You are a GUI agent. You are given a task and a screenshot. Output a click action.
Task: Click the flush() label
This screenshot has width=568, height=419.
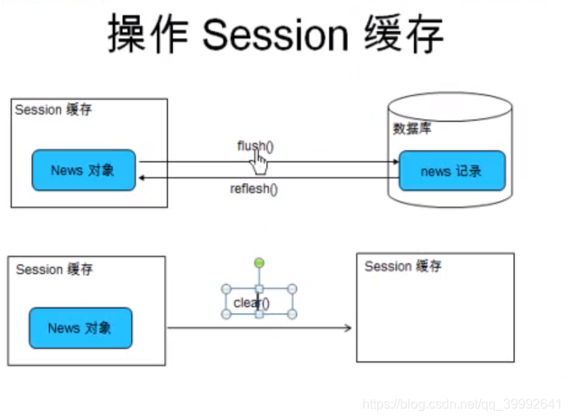pos(255,146)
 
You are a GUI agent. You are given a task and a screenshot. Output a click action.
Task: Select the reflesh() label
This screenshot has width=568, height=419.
pos(254,190)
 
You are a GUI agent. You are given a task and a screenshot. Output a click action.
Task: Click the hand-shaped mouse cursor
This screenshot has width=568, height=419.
pos(259,162)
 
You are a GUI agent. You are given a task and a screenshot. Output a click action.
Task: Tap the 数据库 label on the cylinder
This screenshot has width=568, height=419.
pos(413,128)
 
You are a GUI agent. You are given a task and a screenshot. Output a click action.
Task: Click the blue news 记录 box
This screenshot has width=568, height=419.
pos(452,171)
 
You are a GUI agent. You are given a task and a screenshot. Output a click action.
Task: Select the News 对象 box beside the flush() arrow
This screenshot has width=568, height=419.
pos(84,170)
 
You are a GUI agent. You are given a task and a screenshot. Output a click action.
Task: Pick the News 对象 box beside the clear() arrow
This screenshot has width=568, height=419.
pos(80,328)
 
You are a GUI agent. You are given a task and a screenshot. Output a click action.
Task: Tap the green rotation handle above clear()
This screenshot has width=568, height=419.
pos(259,263)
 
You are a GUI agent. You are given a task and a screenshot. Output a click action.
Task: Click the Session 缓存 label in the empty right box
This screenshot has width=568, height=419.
pos(402,266)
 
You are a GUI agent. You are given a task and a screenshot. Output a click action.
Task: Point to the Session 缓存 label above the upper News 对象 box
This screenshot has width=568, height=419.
pos(53,110)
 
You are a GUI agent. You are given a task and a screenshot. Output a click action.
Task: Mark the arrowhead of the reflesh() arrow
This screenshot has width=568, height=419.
pos(143,177)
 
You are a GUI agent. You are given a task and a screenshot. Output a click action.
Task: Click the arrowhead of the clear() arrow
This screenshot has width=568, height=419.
pos(348,328)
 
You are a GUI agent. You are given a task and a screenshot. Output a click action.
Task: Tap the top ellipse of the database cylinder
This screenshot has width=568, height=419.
pos(450,104)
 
